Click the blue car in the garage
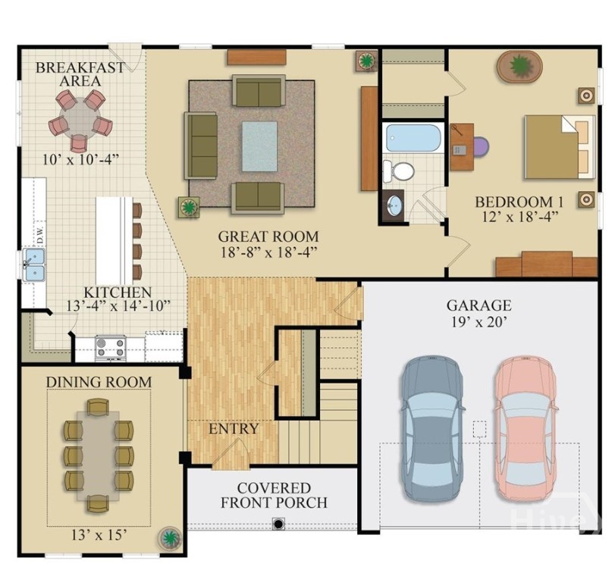coord(431,427)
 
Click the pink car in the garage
coord(526,427)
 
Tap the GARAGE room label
coord(478,305)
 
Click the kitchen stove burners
coord(110,347)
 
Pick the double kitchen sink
coord(34,264)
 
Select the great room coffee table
coord(259,146)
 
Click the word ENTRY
coord(234,429)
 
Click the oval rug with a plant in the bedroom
coord(519,67)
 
